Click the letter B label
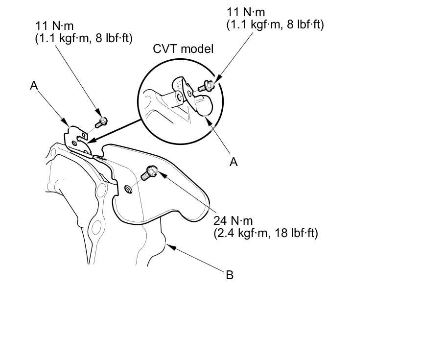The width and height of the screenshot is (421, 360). point(229,275)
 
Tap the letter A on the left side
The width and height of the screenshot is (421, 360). point(34,86)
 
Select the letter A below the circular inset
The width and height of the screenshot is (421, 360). point(234,162)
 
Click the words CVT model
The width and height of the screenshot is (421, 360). point(184,49)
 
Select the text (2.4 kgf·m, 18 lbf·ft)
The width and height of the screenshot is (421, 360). point(266,233)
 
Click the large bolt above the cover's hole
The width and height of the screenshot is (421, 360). point(149,172)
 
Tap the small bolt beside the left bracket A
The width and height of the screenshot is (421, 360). point(101,121)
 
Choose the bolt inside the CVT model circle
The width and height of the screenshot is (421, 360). point(206,88)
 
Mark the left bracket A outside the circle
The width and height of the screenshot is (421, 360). point(76,139)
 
